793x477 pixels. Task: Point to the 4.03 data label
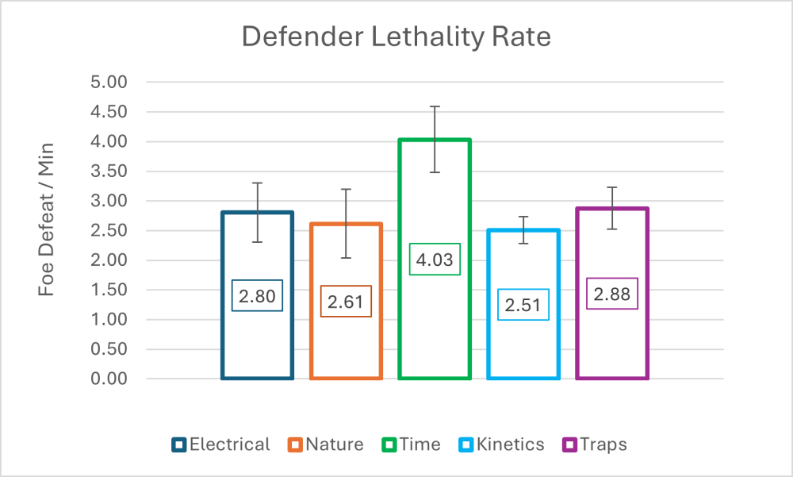[435, 260]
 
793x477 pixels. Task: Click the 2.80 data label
[258, 297]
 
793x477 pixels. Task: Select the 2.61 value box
[346, 302]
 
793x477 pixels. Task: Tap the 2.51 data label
[523, 305]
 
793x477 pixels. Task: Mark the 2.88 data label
[612, 294]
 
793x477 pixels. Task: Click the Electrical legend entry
[220, 444]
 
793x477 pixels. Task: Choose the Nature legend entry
[326, 444]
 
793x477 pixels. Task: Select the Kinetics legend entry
[501, 444]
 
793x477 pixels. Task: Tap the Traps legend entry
[594, 444]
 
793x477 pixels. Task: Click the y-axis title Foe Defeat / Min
[47, 230]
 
